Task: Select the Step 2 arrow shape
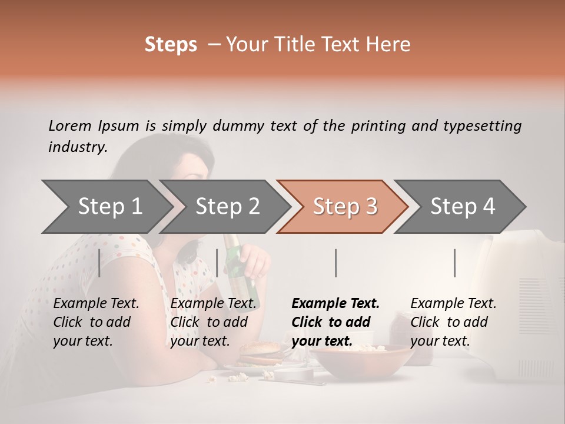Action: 227,207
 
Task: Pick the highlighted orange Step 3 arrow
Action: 344,207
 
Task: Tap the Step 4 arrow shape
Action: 462,207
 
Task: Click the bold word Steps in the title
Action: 171,44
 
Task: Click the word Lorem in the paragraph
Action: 68,125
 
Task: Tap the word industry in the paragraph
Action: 77,147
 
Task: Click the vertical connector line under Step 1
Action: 99,263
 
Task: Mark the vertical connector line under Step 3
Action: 335,263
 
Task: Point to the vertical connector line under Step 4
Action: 454,263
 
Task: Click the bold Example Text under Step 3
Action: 335,303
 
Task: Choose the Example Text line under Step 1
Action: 96,303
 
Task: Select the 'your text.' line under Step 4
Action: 440,341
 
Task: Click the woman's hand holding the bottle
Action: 255,259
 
